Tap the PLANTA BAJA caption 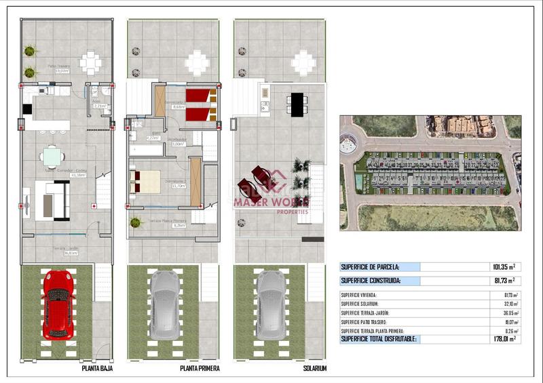click(x=96, y=369)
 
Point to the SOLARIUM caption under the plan click(x=315, y=369)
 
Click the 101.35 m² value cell click(x=502, y=267)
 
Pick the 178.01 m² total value click(x=502, y=338)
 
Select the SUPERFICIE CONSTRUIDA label click(x=371, y=280)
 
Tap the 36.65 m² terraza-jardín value click(x=506, y=313)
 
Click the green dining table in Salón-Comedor click(x=52, y=157)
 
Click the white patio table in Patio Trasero click(x=90, y=63)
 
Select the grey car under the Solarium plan click(x=270, y=305)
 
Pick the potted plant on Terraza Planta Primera click(x=135, y=222)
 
